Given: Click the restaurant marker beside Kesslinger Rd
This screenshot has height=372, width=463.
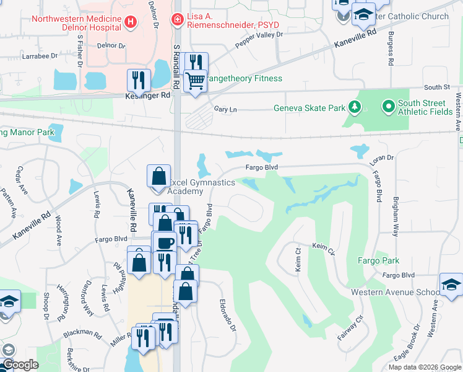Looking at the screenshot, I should [x=138, y=81].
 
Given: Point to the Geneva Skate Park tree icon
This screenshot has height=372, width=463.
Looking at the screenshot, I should [x=355, y=108].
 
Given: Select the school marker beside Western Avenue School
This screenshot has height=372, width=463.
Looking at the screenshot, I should [x=451, y=285].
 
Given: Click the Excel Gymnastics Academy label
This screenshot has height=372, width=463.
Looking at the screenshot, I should [x=202, y=187].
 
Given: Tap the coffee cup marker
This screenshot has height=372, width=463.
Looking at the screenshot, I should [x=164, y=242].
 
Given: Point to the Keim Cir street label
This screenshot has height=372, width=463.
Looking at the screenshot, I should [x=323, y=249].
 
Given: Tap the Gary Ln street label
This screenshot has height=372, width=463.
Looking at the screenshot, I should [x=225, y=108].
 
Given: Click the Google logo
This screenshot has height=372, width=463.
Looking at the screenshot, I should [x=20, y=365].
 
